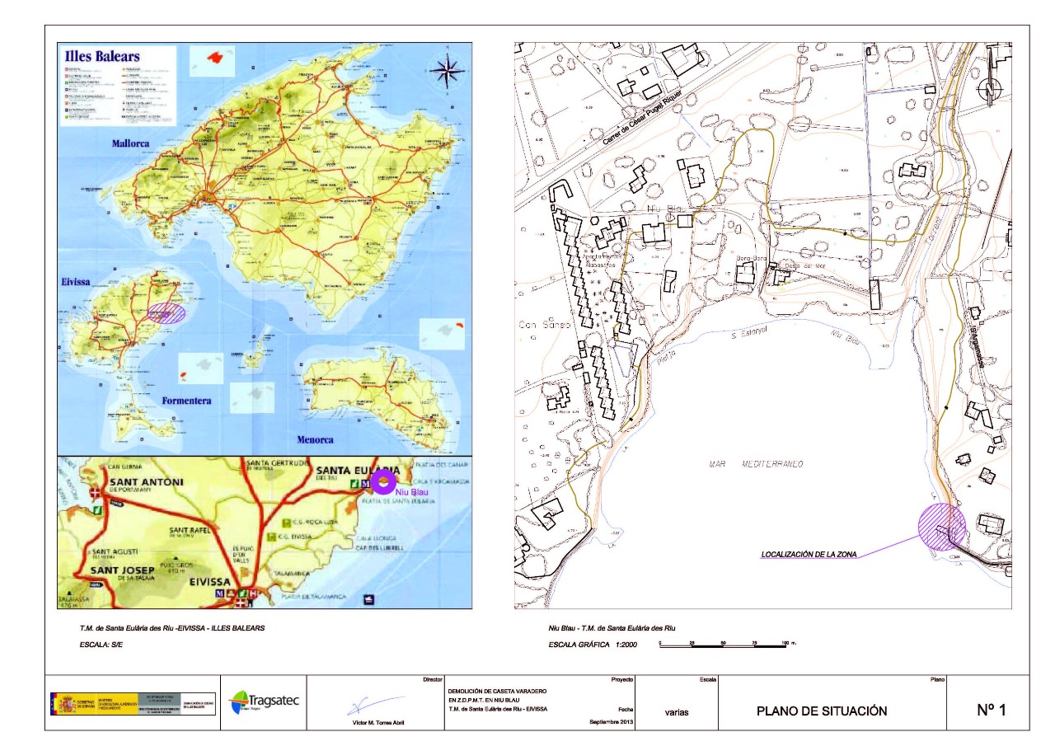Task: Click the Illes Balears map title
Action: [102, 57]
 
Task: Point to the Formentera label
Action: [186, 401]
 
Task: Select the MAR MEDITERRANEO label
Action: [756, 464]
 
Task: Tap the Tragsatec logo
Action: [264, 701]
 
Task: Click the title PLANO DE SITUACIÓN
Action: [822, 711]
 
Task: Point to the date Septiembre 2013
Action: [611, 722]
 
